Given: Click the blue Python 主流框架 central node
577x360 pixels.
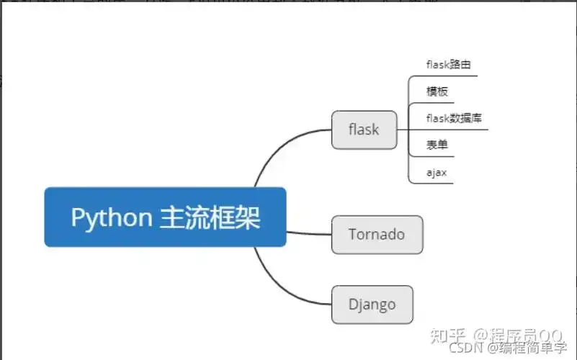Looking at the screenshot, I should pos(165,217).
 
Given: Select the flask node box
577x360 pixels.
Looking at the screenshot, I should pos(364,130).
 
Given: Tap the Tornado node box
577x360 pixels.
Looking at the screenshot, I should pos(377,234).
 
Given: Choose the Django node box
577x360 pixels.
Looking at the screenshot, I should pos(372,304).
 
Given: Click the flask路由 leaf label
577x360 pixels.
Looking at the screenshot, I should pos(448,65).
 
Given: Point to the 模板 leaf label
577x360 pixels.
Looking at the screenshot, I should pos(437,91).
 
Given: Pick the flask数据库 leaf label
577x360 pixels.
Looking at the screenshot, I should pos(454,118).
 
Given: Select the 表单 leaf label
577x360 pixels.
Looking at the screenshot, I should pos(437,145).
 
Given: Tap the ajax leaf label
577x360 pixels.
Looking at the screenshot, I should pos(437,172).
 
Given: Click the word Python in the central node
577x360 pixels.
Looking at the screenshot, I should pos(110,217).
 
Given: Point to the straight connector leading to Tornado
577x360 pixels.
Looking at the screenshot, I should pos(310,233).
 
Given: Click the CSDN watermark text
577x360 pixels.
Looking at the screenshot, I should pos(465,348).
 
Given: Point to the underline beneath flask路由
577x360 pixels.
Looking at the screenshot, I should pos(447,75).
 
